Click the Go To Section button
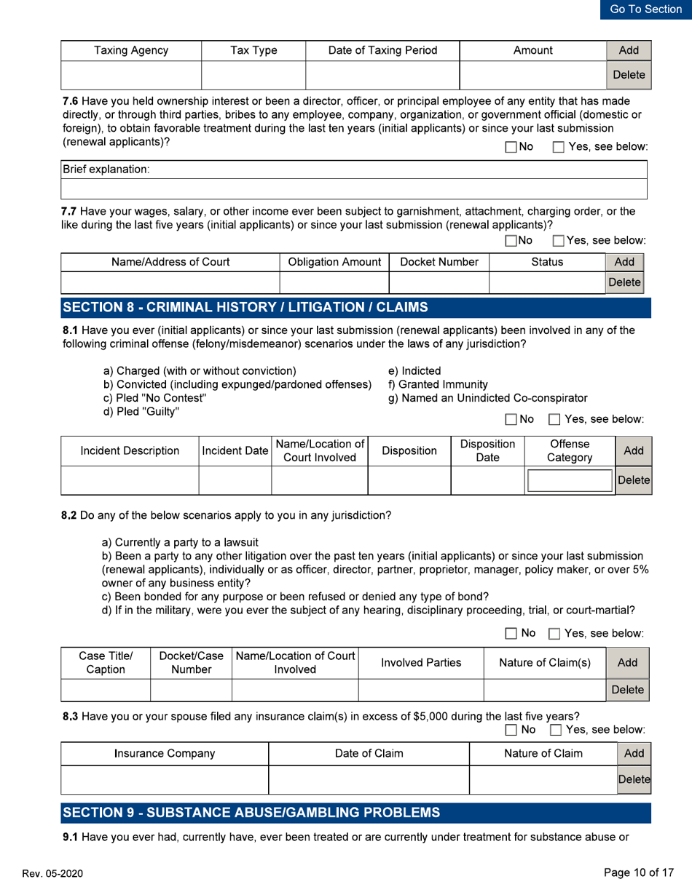pyautogui.click(x=646, y=9)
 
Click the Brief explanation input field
pyautogui.click(x=355, y=191)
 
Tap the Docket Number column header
pyautogui.click(x=439, y=261)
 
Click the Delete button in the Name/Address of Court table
pyautogui.click(x=626, y=280)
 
